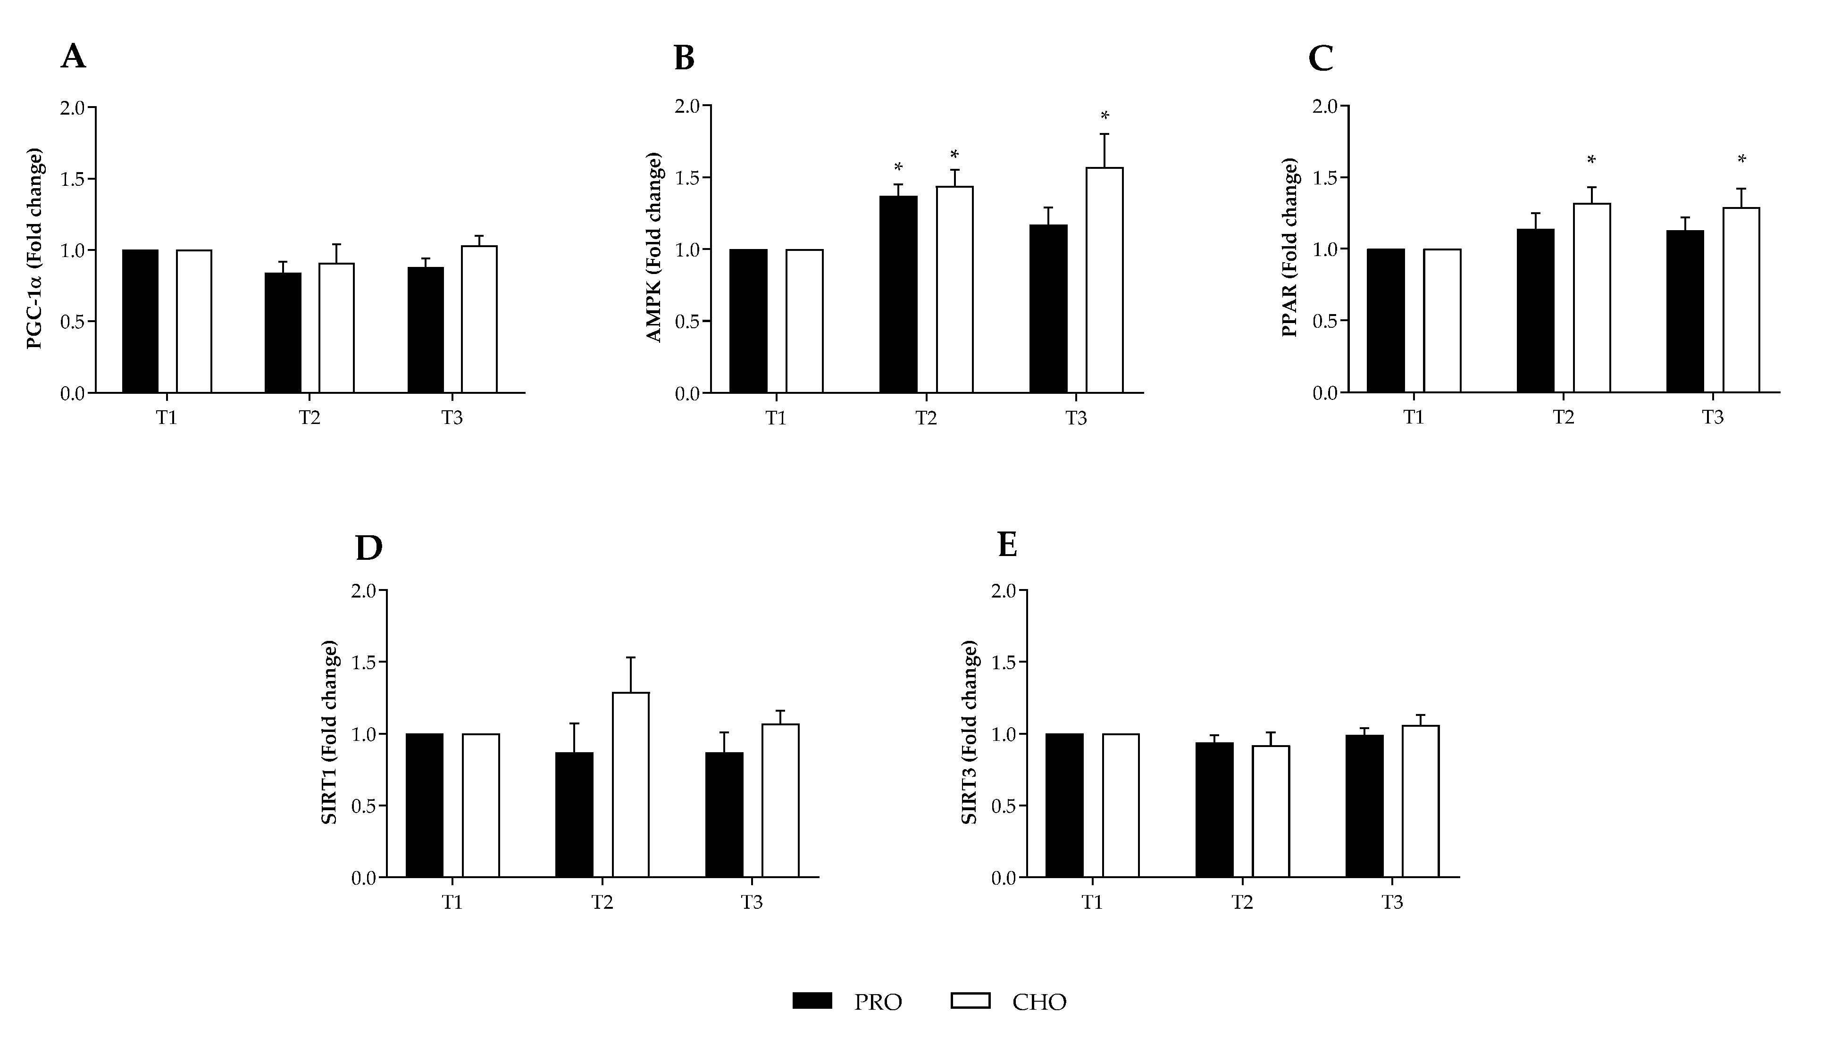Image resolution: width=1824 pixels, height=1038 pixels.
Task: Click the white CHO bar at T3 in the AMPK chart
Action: point(1104,282)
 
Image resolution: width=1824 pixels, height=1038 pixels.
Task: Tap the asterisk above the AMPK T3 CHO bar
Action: point(1104,116)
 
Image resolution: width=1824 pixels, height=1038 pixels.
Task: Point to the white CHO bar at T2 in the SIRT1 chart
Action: point(630,784)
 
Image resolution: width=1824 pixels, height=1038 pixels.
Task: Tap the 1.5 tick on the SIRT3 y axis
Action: point(1003,662)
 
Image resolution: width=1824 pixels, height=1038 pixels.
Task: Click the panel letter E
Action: point(1008,545)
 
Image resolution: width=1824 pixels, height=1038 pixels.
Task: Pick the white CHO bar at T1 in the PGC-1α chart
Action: point(194,322)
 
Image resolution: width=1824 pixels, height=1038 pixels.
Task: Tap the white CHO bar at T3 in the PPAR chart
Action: point(1741,300)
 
